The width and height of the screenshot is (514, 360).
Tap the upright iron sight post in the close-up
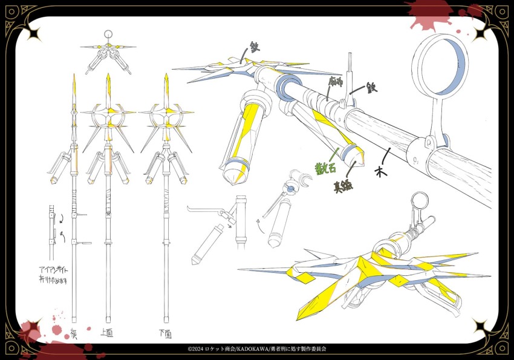(x=350, y=73)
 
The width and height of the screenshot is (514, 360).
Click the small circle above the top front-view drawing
(x=108, y=34)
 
